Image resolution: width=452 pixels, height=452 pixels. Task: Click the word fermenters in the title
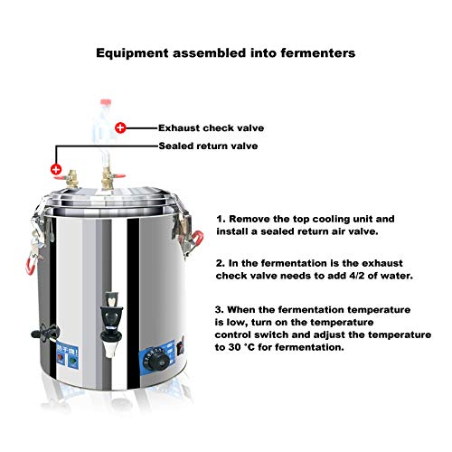(x=318, y=53)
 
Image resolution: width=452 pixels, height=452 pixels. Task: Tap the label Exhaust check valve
(x=212, y=128)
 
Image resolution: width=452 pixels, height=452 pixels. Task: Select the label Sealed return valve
(x=208, y=146)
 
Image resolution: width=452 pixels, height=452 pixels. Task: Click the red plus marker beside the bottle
(x=120, y=127)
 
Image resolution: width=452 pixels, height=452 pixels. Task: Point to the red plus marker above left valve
(x=56, y=169)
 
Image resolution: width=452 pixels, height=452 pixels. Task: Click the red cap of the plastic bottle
(x=106, y=102)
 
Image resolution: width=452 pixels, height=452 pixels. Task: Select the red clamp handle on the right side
(x=196, y=239)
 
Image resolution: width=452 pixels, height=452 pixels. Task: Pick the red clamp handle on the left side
(x=30, y=266)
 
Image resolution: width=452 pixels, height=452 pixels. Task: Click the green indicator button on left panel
(x=72, y=360)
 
